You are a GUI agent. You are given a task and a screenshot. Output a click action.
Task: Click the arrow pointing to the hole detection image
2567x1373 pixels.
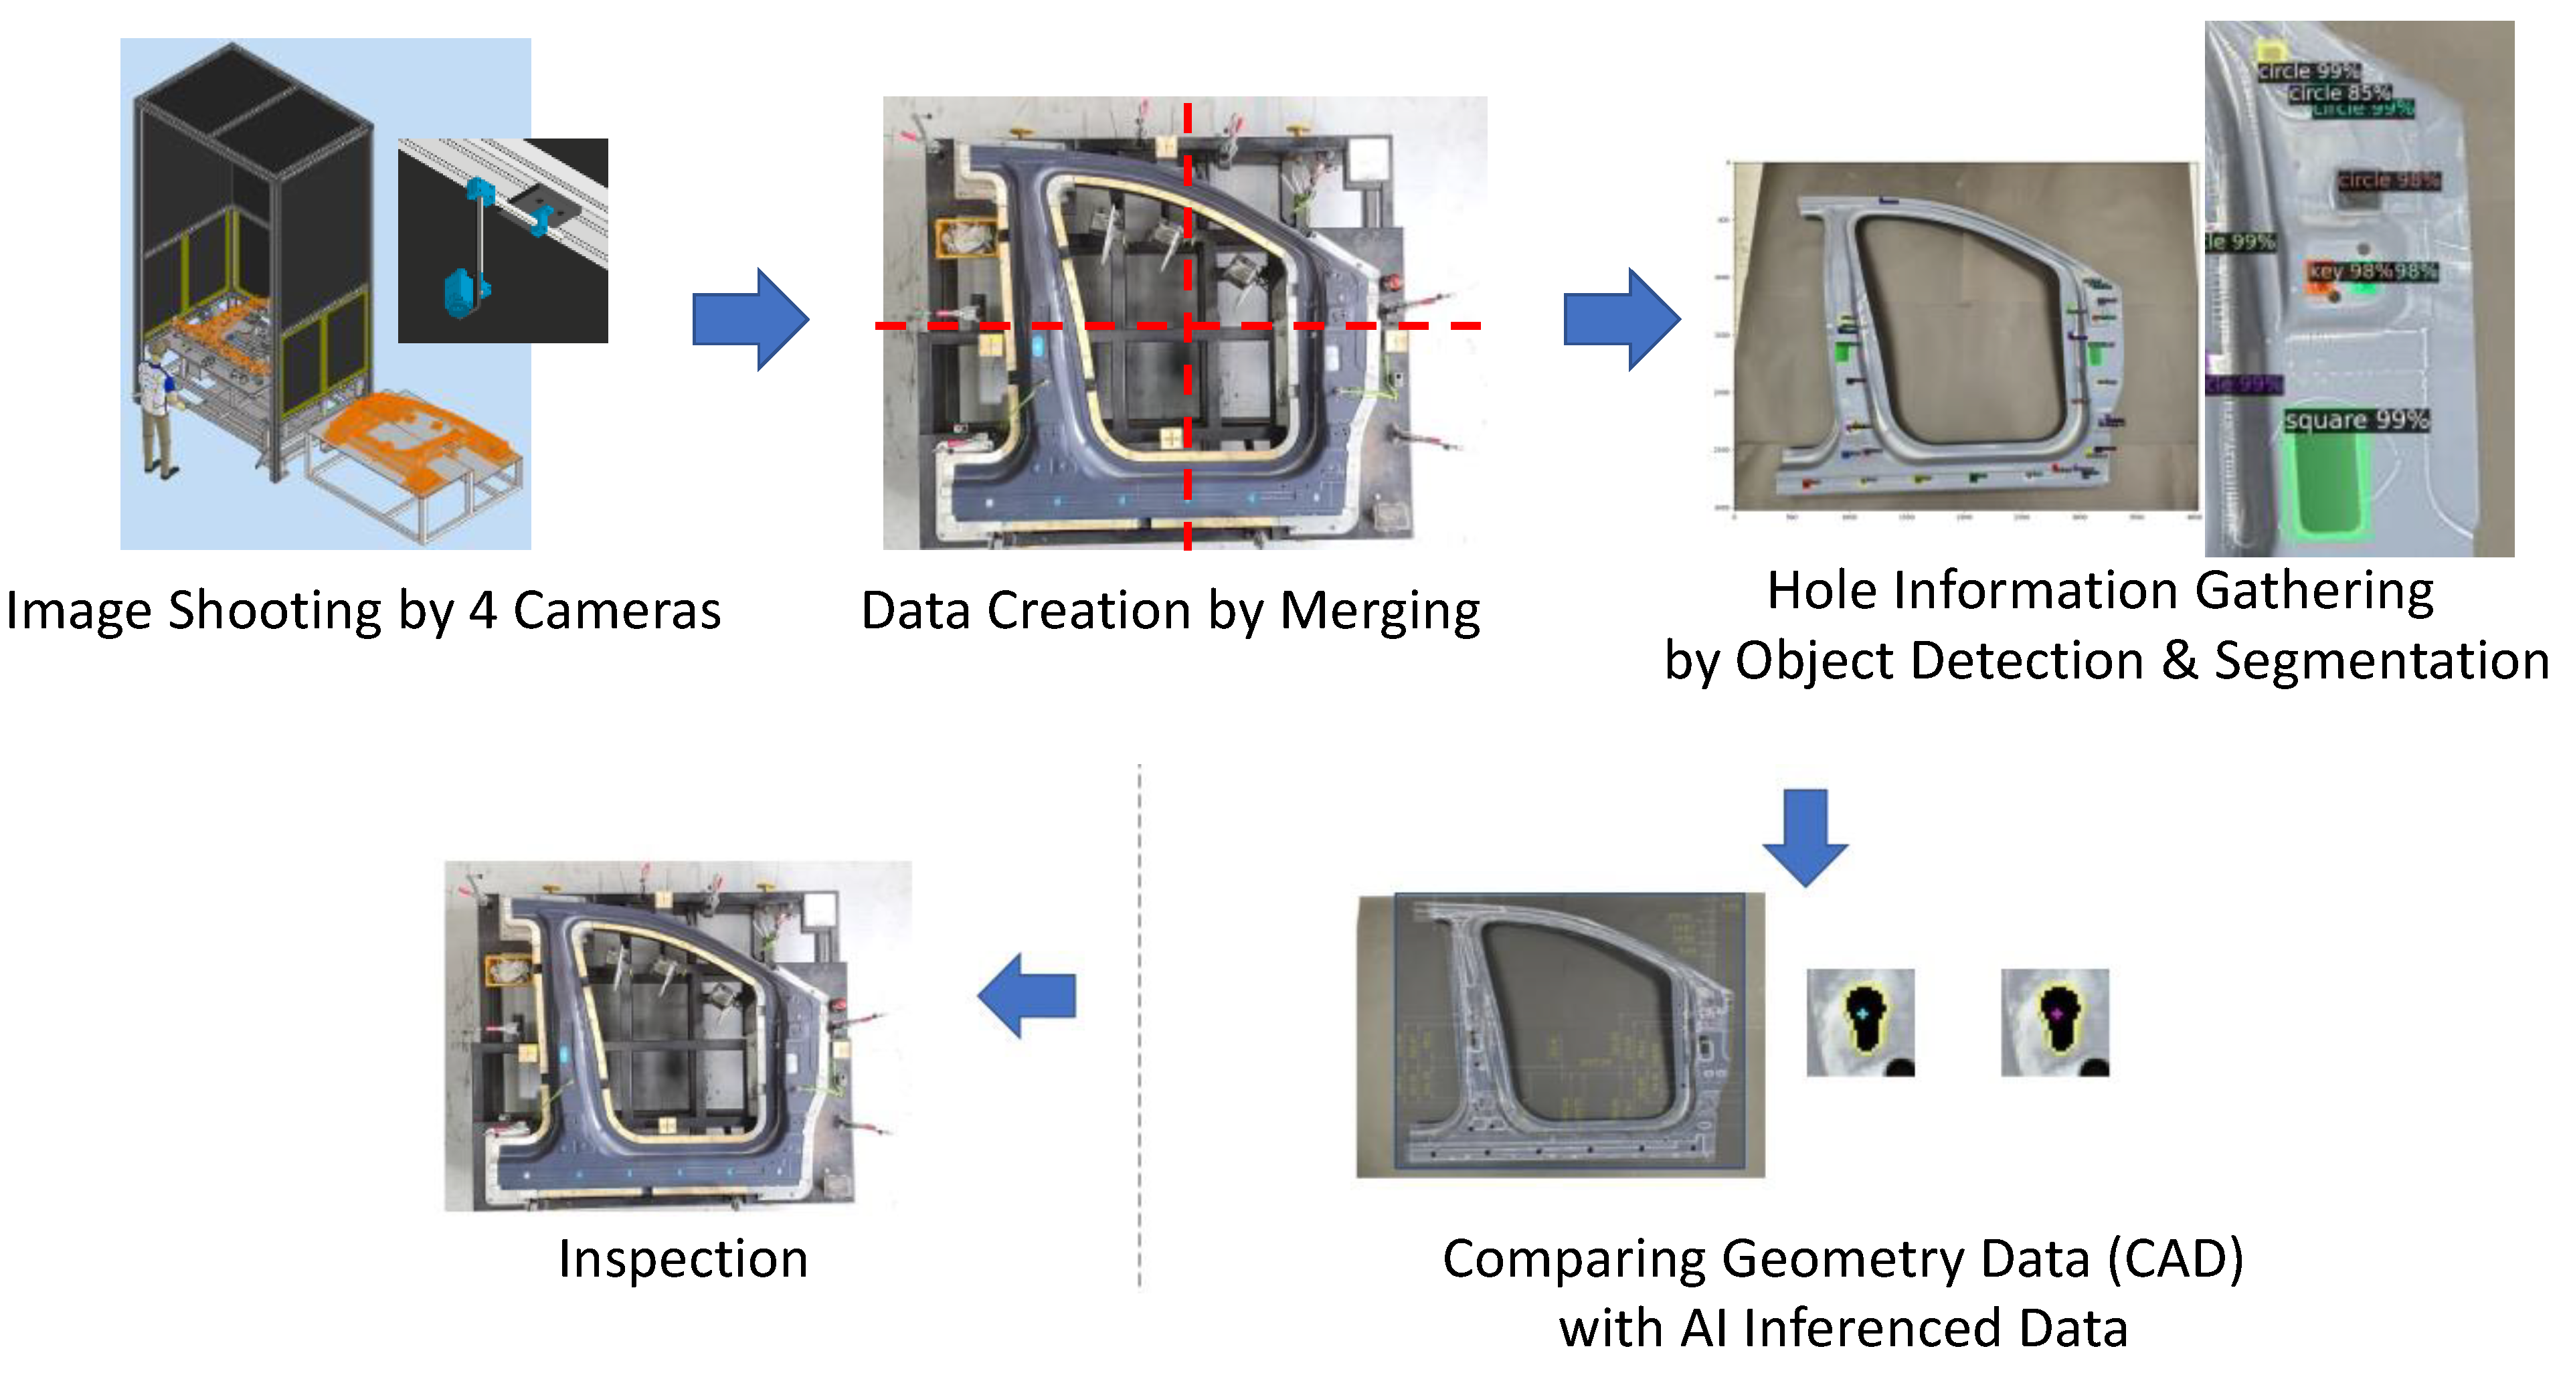(x=1621, y=320)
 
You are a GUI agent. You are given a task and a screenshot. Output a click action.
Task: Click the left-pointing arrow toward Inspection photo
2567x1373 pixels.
(x=1027, y=996)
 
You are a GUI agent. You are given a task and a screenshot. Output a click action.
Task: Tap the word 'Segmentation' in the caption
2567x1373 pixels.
(x=2382, y=660)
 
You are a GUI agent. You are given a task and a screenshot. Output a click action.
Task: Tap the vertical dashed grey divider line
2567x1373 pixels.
(x=1139, y=1026)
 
